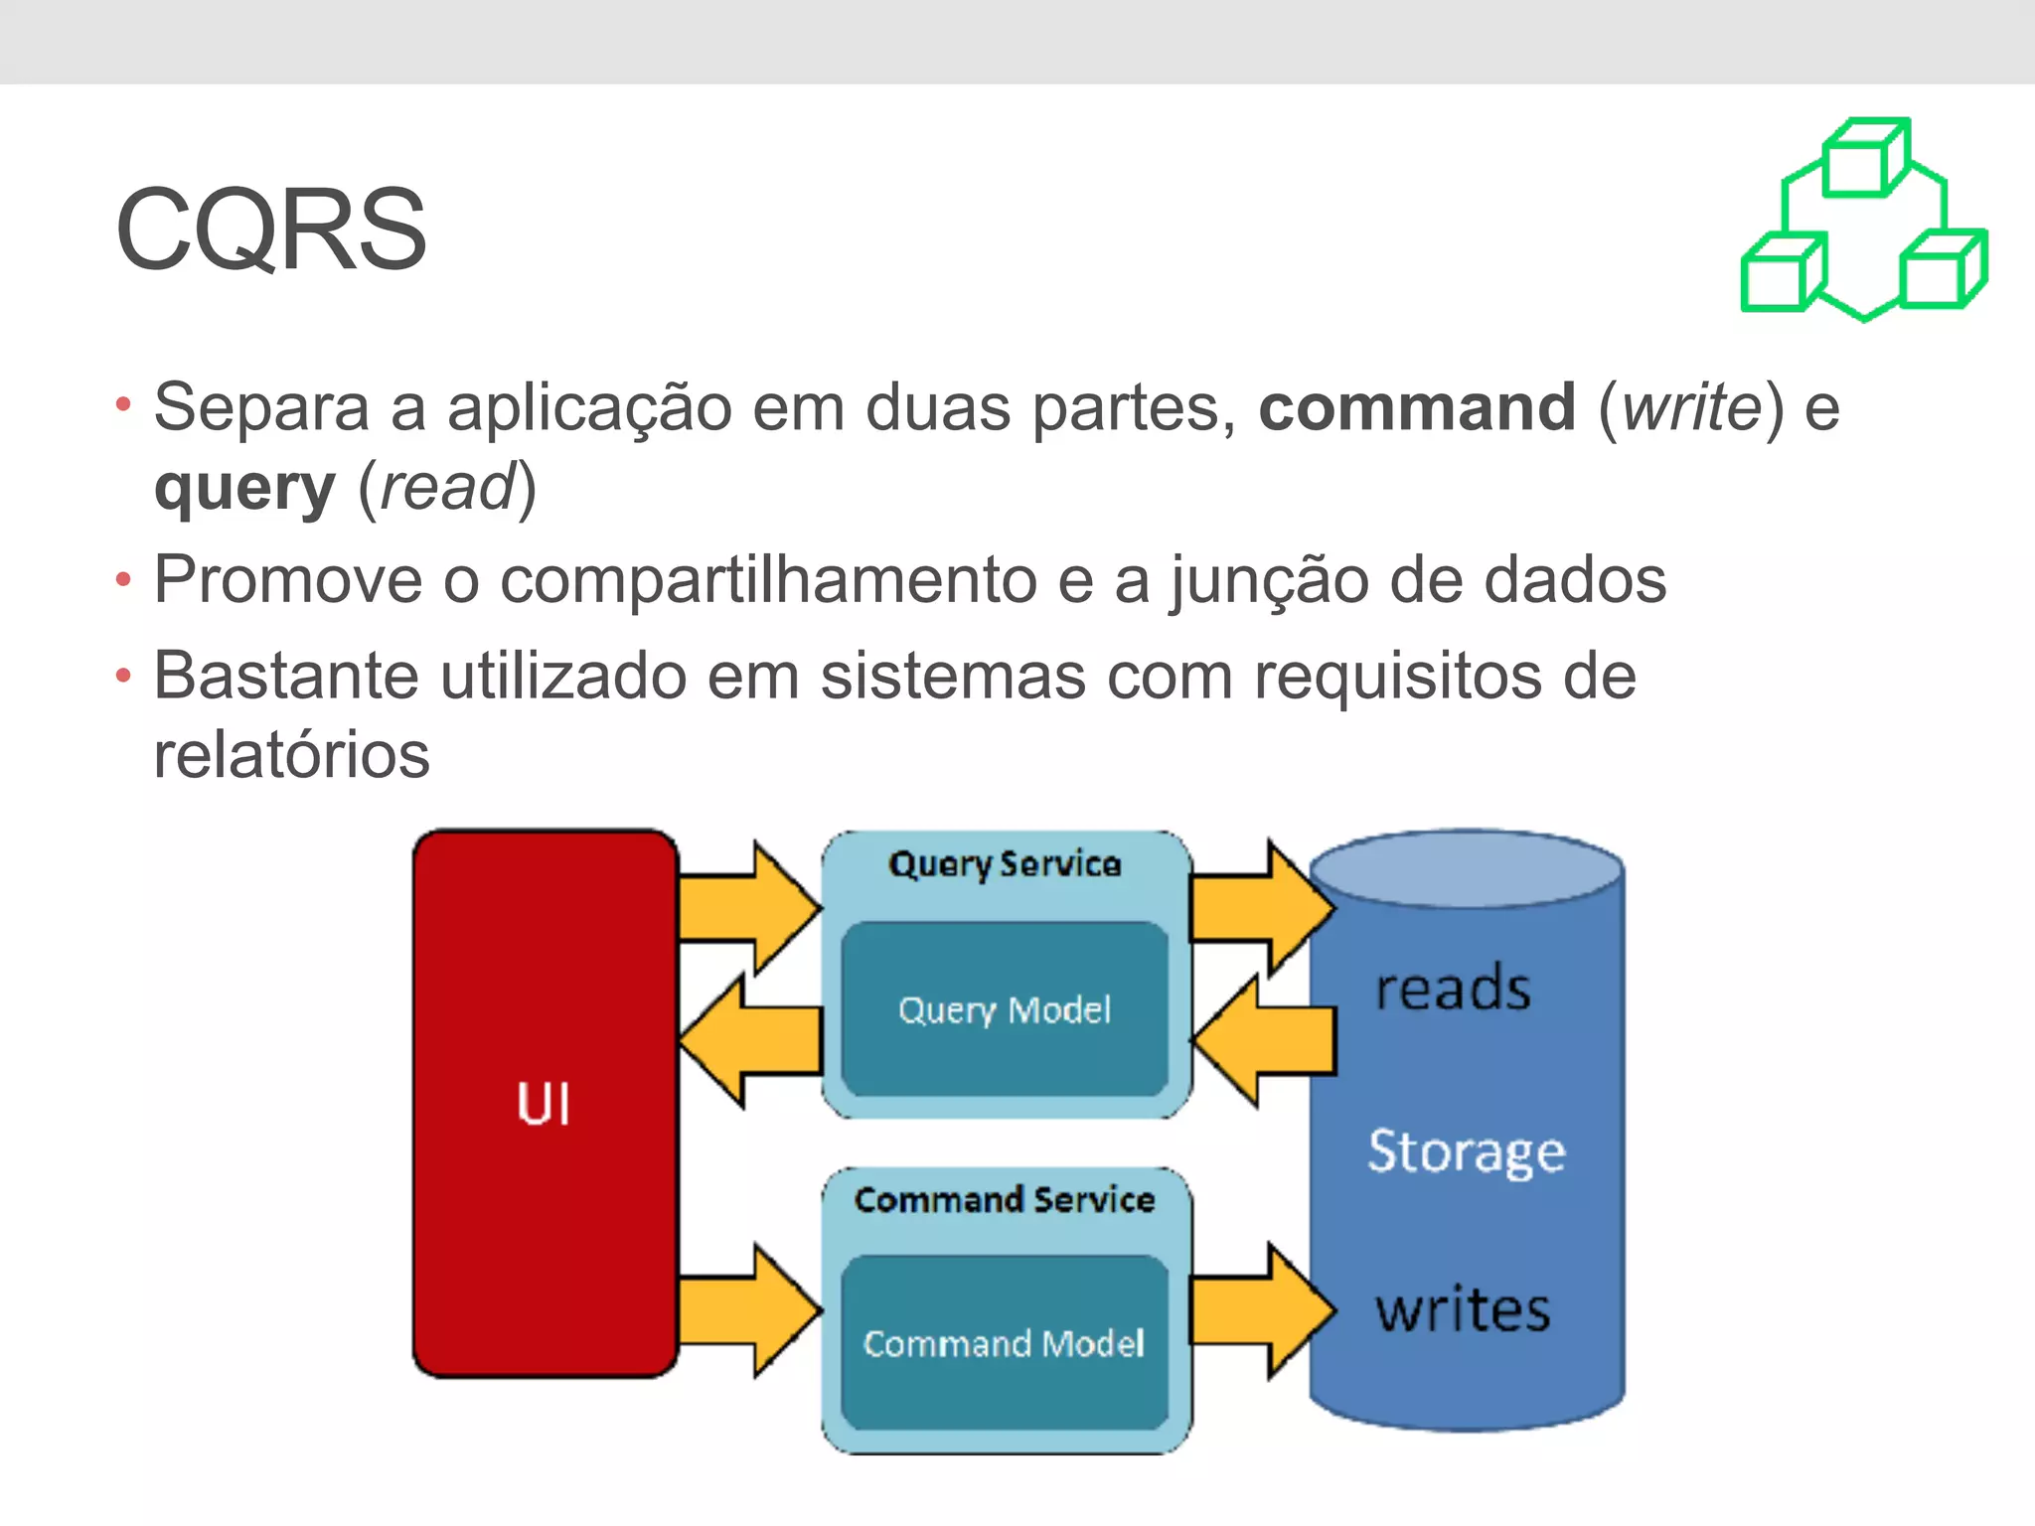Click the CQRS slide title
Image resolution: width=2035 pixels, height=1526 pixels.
[270, 230]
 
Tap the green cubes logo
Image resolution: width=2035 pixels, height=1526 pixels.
[1864, 221]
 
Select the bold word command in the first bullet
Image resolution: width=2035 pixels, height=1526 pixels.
[1417, 407]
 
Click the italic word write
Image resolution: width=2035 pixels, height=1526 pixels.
[1691, 407]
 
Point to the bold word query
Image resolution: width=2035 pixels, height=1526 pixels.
[244, 489]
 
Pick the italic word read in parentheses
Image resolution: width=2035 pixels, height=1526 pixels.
[447, 488]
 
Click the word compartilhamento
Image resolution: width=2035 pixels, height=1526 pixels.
[768, 580]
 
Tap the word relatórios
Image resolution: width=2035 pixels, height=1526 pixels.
[292, 755]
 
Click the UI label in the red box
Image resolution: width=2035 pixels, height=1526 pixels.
[544, 1104]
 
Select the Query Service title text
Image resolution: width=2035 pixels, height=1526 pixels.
[1005, 864]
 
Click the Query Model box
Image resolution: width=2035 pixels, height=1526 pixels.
[1005, 1009]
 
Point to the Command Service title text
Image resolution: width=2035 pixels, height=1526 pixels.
[1005, 1200]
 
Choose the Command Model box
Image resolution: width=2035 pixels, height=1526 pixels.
[1005, 1343]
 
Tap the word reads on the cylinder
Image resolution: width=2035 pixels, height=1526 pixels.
[1453, 990]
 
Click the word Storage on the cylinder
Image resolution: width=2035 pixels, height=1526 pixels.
[1466, 1152]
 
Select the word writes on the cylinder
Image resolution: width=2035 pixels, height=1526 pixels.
[1463, 1309]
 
